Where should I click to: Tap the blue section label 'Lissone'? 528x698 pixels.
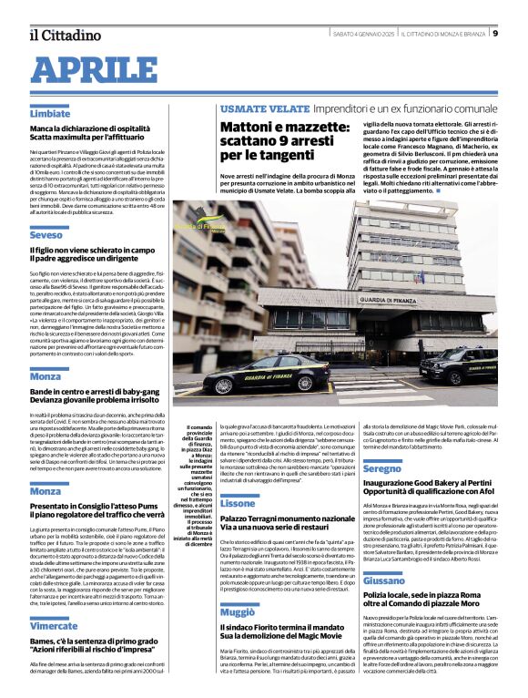coord(238,503)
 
